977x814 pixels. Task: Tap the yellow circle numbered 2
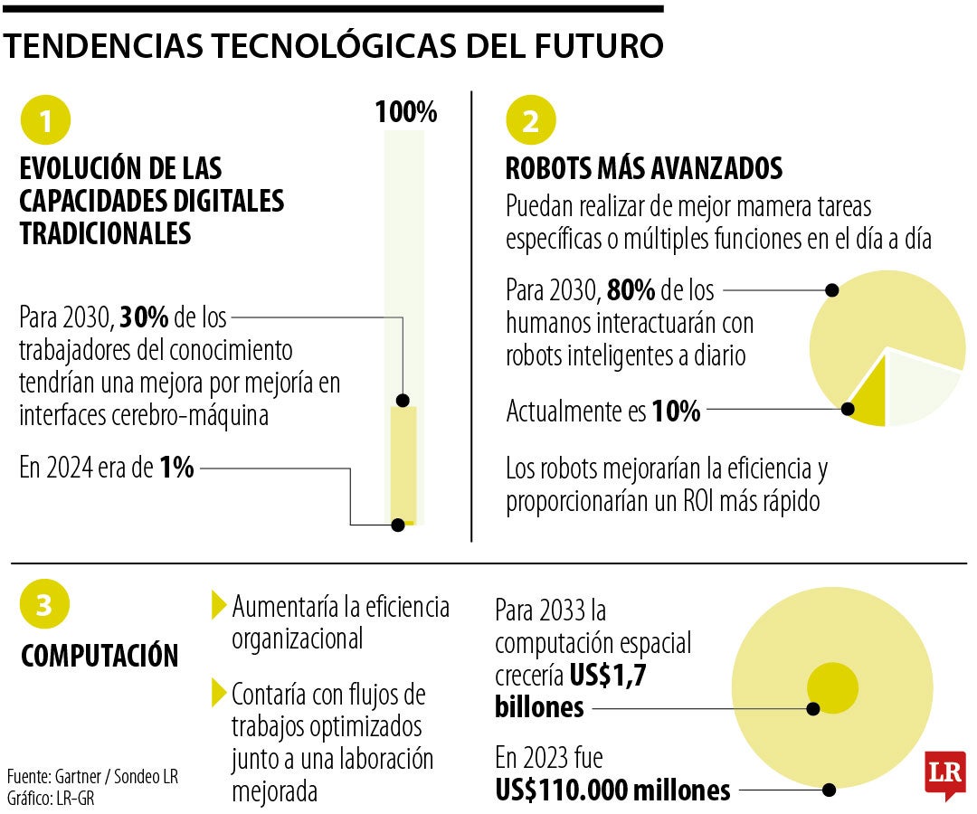coord(531,121)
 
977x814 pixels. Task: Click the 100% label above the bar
coord(406,113)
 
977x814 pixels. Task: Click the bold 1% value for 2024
coord(176,469)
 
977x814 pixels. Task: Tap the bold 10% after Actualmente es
coord(676,412)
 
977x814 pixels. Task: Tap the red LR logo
coord(944,774)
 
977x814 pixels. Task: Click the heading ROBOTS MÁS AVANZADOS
coord(642,168)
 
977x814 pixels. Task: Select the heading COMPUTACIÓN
coord(100,656)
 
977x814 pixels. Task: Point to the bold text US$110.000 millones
coord(612,790)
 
